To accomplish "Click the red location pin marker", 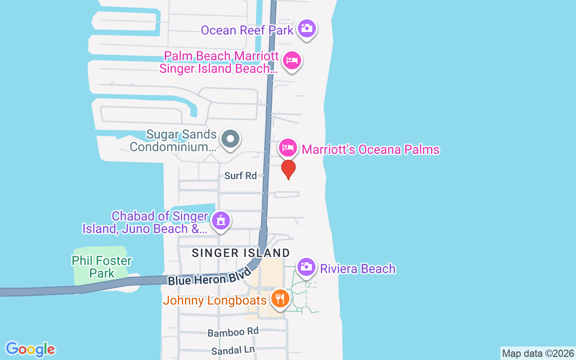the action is point(288,169).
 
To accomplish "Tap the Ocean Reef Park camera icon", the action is point(307,28).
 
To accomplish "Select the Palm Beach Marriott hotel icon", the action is point(292,60).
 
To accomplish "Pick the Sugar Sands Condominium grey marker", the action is point(230,139).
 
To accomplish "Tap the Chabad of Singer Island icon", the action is point(221,221).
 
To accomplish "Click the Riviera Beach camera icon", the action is point(306,266).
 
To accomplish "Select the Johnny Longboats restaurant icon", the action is point(279,298).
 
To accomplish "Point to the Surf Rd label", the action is point(240,176).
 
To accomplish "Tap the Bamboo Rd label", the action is point(233,332).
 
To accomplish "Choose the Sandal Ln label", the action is point(233,350).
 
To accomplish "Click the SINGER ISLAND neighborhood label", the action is point(241,253).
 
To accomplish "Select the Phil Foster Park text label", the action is point(102,267).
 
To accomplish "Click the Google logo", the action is point(30,349).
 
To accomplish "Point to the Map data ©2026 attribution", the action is point(538,354).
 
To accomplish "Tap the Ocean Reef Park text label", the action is point(247,31).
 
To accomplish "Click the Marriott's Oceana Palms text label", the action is point(370,150).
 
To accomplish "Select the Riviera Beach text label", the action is point(358,269).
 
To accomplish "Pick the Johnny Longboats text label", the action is point(215,301).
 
